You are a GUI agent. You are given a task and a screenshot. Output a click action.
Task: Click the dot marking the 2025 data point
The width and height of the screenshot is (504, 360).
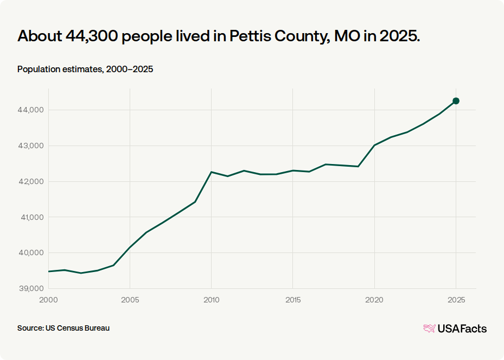pyautogui.click(x=456, y=101)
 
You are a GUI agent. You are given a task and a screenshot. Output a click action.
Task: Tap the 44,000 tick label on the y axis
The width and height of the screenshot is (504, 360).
pyautogui.click(x=30, y=110)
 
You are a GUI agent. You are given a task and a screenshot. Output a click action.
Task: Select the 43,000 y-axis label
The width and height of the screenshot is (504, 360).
pyautogui.click(x=30, y=146)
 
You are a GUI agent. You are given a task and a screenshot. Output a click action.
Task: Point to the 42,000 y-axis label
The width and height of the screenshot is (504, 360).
pyautogui.click(x=30, y=181)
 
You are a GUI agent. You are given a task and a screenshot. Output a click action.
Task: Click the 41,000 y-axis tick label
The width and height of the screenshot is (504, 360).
pyautogui.click(x=32, y=217)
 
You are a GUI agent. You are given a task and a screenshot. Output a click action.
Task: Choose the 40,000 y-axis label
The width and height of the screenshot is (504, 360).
pyautogui.click(x=30, y=253)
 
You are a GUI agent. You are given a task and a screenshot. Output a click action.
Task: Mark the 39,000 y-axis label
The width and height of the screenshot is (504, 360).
pyautogui.click(x=30, y=288)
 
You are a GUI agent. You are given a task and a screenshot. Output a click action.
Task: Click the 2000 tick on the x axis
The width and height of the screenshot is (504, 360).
pyautogui.click(x=48, y=300)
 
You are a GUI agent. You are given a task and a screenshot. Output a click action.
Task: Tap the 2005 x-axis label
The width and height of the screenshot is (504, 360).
pyautogui.click(x=130, y=300)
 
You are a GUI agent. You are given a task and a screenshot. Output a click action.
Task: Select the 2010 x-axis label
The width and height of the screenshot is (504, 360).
pyautogui.click(x=212, y=300)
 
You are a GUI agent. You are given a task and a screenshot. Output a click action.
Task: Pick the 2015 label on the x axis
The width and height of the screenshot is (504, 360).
pyautogui.click(x=293, y=300)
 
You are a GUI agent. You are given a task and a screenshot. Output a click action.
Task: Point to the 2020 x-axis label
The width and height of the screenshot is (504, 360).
pyautogui.click(x=374, y=300)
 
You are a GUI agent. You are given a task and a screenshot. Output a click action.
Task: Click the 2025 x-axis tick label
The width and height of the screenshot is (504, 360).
pyautogui.click(x=456, y=300)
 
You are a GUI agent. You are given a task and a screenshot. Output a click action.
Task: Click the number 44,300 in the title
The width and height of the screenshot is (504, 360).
pyautogui.click(x=92, y=36)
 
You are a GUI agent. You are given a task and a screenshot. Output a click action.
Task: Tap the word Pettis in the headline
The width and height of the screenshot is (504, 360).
pyautogui.click(x=250, y=36)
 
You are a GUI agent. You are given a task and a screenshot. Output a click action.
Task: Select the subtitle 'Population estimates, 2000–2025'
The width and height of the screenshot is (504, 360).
pyautogui.click(x=85, y=69)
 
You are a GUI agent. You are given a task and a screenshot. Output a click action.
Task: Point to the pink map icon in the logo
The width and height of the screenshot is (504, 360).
pyautogui.click(x=430, y=329)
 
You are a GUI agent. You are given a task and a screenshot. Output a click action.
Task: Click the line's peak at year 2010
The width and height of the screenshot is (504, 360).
pyautogui.click(x=211, y=172)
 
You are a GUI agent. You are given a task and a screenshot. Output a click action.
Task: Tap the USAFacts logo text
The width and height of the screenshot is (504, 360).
pyautogui.click(x=462, y=329)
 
